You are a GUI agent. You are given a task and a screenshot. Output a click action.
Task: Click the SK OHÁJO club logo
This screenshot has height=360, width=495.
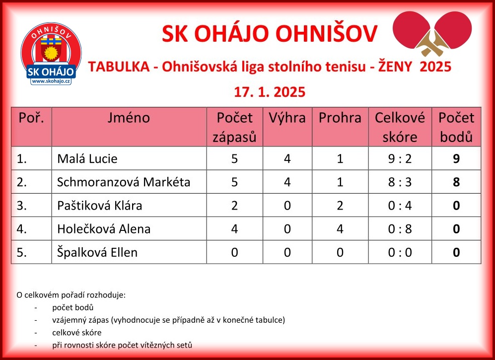coord(51,54)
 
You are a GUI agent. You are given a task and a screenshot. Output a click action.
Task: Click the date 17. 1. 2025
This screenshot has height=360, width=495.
coord(270,92)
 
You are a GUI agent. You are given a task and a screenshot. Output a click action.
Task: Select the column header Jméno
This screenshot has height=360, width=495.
coord(129,118)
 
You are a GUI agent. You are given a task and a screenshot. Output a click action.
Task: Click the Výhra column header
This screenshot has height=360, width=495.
coord(287,118)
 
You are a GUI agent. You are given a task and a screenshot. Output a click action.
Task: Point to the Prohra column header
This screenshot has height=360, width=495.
coord(340,118)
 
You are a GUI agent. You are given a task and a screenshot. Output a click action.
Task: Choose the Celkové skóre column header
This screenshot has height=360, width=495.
coord(400,127)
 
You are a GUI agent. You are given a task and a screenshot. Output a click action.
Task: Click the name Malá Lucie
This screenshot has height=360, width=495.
coord(87,158)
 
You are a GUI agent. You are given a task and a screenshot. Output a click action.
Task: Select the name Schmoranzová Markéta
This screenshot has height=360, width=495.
coord(124,182)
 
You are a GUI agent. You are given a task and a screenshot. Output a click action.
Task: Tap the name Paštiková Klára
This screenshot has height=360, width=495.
coord(99,206)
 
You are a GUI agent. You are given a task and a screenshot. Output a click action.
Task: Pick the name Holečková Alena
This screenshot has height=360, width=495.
coord(104,229)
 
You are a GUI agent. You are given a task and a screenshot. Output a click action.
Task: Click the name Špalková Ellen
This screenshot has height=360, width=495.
coord(97,252)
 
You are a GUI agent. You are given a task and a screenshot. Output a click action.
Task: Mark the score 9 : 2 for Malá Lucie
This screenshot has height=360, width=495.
coord(400,158)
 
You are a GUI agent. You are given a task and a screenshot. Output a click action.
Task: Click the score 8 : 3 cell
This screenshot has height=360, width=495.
coord(400,182)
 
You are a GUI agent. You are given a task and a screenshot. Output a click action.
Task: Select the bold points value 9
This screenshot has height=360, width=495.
coord(456,158)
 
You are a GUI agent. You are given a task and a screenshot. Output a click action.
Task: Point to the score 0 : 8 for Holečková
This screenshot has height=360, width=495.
coord(400,229)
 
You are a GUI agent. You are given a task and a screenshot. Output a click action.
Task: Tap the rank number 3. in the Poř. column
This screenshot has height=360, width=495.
coord(21,206)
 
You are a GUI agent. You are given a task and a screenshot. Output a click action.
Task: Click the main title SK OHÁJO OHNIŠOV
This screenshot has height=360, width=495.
coord(270,33)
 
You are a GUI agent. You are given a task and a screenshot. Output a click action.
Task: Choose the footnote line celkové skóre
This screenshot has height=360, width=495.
coord(77,333)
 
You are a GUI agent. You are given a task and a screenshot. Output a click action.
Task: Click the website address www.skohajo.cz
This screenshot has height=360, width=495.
coord(51,81)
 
